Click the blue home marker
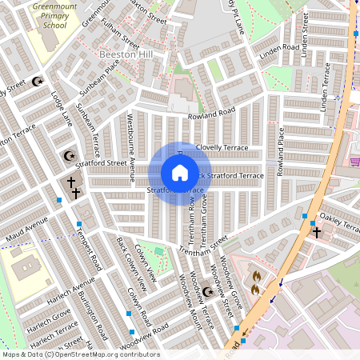[180, 173]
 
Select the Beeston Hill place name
[125, 54]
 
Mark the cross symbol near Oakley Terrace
[316, 232]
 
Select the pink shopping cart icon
[354, 162]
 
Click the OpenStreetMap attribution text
[80, 354]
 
